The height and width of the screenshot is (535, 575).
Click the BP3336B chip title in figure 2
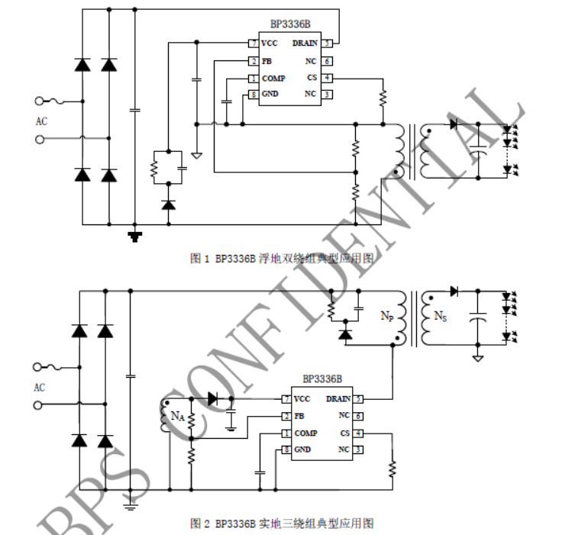tap(321, 379)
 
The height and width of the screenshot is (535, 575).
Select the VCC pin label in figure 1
tap(269, 44)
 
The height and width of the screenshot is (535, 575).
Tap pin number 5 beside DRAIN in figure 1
tap(327, 44)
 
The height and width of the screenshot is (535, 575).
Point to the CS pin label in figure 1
tap(312, 78)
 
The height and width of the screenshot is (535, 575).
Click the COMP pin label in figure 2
tap(305, 433)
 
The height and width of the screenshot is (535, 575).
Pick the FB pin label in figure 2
tap(299, 416)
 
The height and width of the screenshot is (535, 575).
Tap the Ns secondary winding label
tap(440, 314)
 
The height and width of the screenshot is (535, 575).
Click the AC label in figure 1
tap(41, 121)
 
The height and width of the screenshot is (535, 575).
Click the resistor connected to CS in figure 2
tap(392, 467)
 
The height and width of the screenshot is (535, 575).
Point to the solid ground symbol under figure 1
tap(135, 236)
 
